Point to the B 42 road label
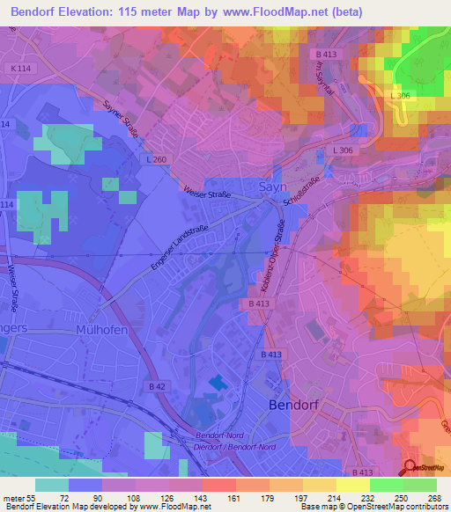(x=157, y=386)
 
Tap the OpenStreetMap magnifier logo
(x=410, y=467)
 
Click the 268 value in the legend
(x=434, y=496)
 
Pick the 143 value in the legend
(x=201, y=496)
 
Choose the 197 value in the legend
(x=301, y=496)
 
